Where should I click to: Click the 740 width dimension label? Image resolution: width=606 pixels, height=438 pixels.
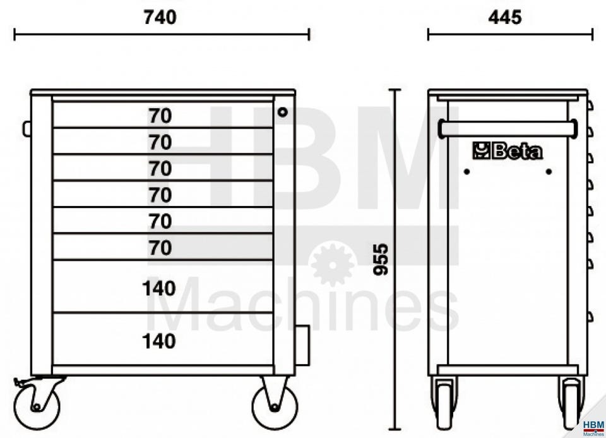pyautogui.click(x=160, y=18)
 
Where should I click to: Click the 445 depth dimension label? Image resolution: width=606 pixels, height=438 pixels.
pyautogui.click(x=505, y=18)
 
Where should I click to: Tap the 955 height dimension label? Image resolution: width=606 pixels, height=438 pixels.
pyautogui.click(x=381, y=259)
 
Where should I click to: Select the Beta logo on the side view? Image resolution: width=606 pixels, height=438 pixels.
pyautogui.click(x=508, y=151)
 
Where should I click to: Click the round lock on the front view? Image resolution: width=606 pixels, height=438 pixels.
pyautogui.click(x=283, y=113)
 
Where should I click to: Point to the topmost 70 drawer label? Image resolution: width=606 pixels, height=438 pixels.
pyautogui.click(x=160, y=116)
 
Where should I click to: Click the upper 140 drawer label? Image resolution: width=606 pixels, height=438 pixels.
pyautogui.click(x=159, y=289)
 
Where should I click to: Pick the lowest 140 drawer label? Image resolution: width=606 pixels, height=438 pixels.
pyautogui.click(x=159, y=341)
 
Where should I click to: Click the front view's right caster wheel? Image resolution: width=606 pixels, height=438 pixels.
pyautogui.click(x=275, y=406)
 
